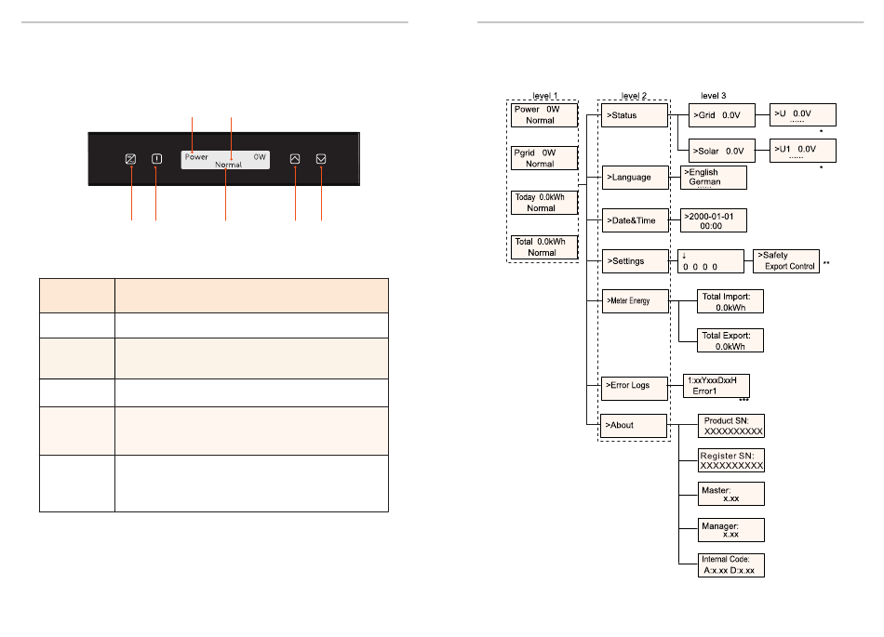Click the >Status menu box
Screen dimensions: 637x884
point(634,115)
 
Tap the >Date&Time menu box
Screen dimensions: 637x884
point(634,220)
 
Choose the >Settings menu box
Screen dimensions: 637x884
point(634,260)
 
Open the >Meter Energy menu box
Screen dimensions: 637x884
point(634,301)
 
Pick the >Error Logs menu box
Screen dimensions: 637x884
point(634,384)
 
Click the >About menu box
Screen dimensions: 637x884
point(634,425)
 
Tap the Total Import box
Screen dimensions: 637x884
point(730,300)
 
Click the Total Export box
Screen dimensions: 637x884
point(730,339)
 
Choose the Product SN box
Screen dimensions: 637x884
point(731,426)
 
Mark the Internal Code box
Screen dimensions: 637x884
point(731,564)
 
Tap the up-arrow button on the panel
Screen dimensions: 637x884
point(295,159)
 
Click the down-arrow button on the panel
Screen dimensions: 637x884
point(321,159)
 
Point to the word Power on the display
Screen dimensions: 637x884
point(196,157)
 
